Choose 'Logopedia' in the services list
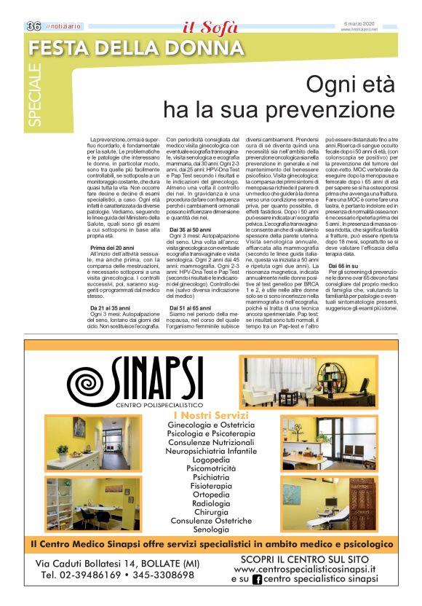211,461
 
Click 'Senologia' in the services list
211,530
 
